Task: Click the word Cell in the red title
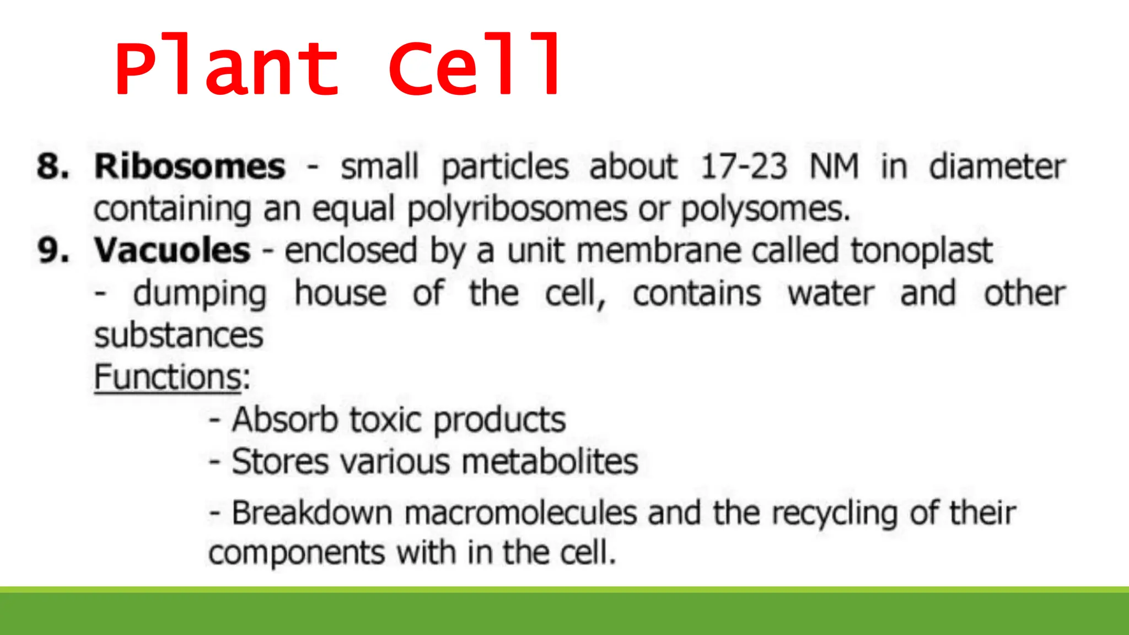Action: tap(475, 66)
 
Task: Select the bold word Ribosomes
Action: tap(190, 166)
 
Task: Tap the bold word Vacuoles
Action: tap(172, 251)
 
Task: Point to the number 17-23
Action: tap(744, 166)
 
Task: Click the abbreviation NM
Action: tap(834, 166)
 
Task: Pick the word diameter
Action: tap(997, 166)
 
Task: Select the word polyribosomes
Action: tap(517, 209)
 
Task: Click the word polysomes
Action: tap(765, 209)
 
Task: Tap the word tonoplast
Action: tap(921, 251)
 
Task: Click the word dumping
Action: tap(200, 294)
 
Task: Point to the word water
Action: tap(831, 293)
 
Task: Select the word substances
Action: tap(179, 335)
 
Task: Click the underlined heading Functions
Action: tap(168, 377)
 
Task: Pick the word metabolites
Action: tap(550, 461)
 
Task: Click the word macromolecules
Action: tap(520, 513)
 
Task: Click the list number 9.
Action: tap(53, 251)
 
